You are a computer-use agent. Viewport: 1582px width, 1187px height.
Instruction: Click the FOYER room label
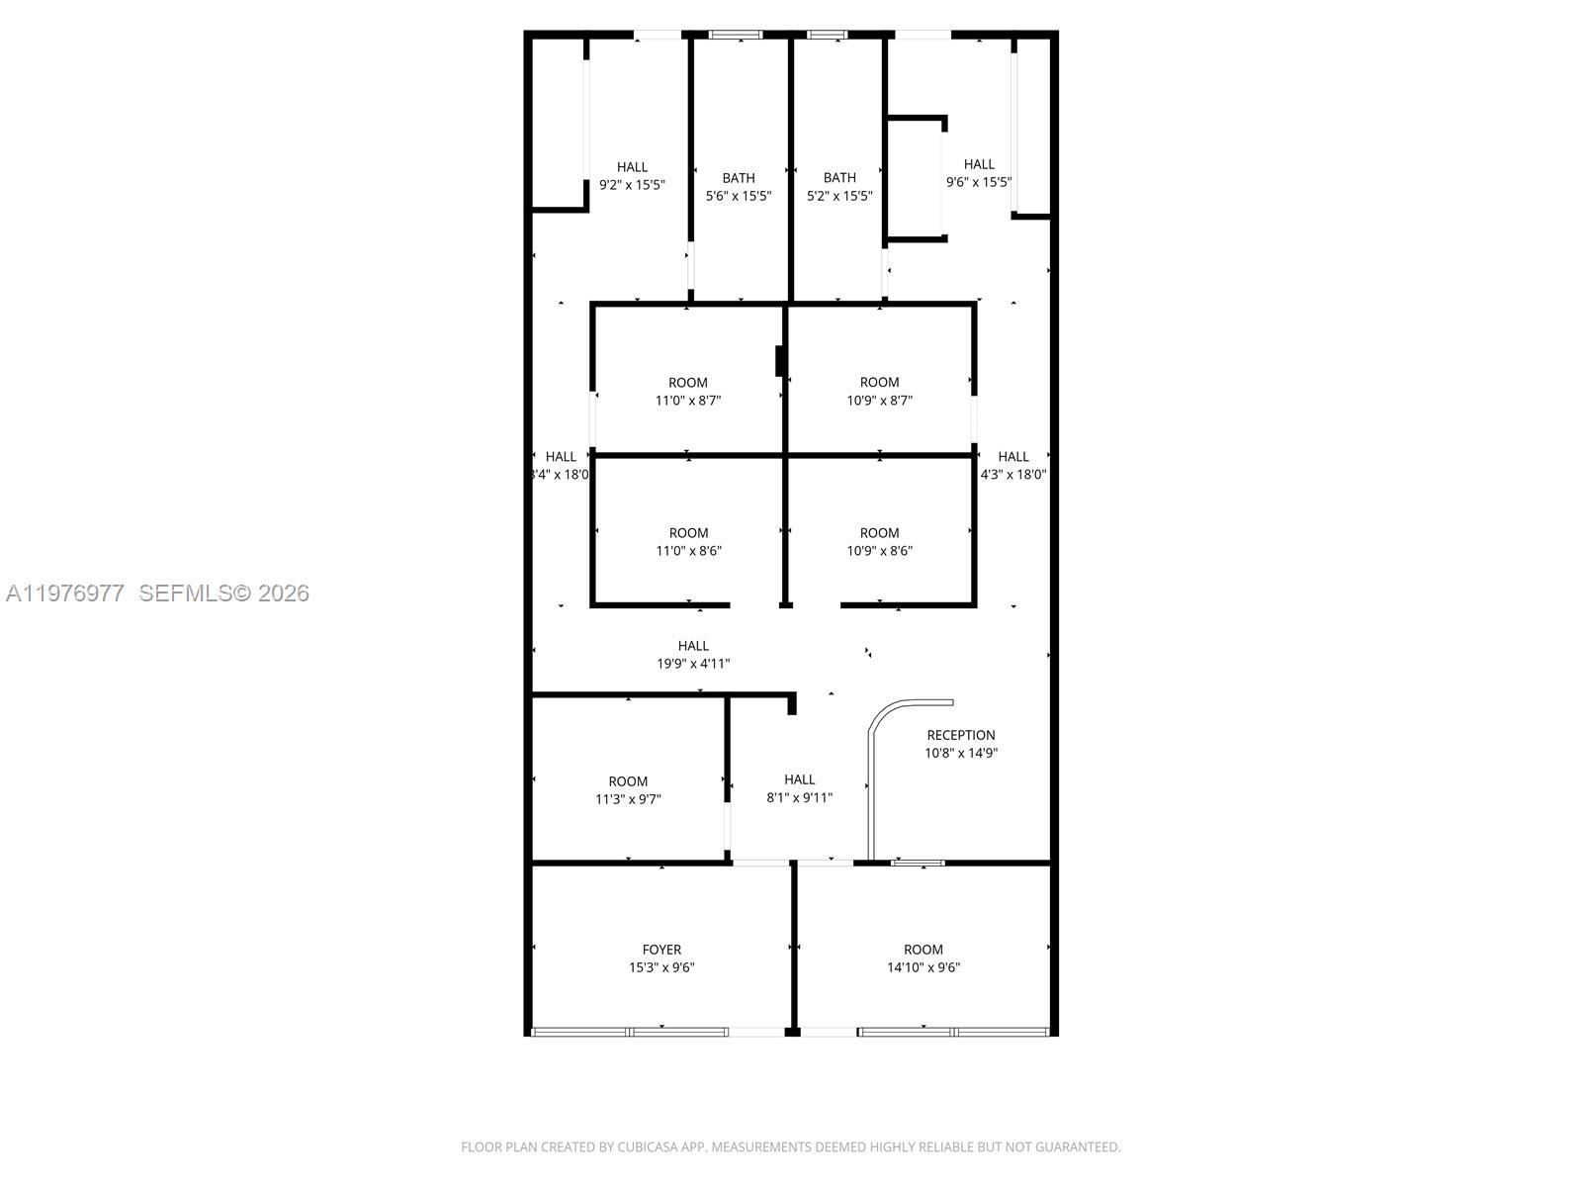[661, 950]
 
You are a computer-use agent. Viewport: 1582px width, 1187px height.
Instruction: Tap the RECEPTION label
[960, 735]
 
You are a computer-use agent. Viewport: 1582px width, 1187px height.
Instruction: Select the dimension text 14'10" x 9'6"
[923, 967]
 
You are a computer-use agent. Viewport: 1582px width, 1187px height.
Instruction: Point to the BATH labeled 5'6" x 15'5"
[738, 178]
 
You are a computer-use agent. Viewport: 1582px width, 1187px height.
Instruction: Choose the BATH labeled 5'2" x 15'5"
[839, 178]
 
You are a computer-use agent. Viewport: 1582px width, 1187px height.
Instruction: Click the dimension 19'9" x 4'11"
[693, 664]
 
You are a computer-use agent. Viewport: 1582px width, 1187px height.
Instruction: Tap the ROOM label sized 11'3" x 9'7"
[628, 781]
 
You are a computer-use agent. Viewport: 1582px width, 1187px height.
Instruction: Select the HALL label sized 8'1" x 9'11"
[799, 779]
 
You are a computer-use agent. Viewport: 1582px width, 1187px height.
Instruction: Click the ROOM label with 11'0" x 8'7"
[687, 383]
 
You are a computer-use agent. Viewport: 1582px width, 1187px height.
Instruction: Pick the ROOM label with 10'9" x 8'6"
[879, 533]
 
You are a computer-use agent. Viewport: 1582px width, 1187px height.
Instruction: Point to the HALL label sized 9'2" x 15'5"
[632, 167]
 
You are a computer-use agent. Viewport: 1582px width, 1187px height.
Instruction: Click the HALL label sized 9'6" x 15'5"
[979, 164]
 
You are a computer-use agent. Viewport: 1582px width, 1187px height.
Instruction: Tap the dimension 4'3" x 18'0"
[1012, 474]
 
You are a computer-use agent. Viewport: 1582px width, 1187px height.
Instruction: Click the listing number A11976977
[65, 593]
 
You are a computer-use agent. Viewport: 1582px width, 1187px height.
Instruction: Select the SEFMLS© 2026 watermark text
[223, 593]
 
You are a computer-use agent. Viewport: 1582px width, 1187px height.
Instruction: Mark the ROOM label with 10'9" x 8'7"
[879, 383]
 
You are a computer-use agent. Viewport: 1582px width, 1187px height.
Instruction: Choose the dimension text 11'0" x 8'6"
[688, 551]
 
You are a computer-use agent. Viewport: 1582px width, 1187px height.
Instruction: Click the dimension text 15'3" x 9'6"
[661, 967]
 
